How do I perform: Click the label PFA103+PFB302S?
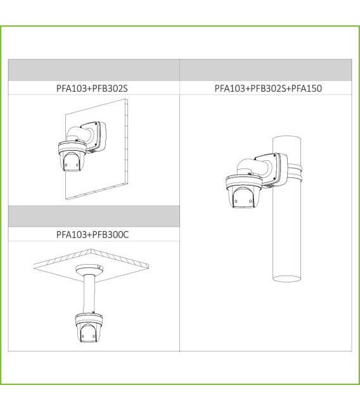tap(93, 87)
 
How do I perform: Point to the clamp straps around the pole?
tap(295, 172)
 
